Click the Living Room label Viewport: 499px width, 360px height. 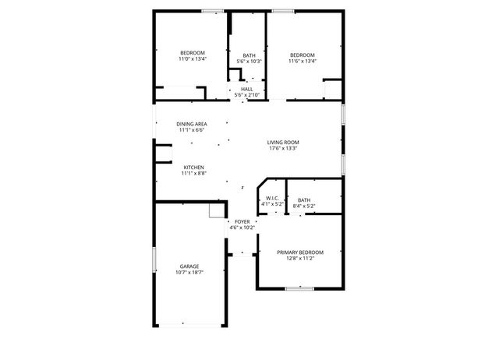pos(283,142)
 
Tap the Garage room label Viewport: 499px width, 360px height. pos(189,266)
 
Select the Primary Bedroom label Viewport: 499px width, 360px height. pos(301,252)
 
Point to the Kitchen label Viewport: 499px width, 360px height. pos(193,168)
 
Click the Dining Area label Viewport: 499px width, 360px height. pos(191,124)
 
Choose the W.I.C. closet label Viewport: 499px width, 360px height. pos(272,198)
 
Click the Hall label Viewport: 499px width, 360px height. pos(247,89)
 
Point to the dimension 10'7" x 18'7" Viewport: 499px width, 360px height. pos(189,273)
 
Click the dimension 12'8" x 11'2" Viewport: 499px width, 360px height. pos(301,259)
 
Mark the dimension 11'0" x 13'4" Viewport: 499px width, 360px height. pos(192,58)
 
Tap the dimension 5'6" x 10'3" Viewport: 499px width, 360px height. pos(249,61)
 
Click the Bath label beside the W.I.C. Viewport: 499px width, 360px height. pos(304,200)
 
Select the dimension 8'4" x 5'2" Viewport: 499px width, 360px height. pos(304,206)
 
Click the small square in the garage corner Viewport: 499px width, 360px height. pos(216,211)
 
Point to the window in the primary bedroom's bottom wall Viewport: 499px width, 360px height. pos(299,289)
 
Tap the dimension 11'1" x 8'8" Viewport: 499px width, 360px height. pos(193,174)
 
